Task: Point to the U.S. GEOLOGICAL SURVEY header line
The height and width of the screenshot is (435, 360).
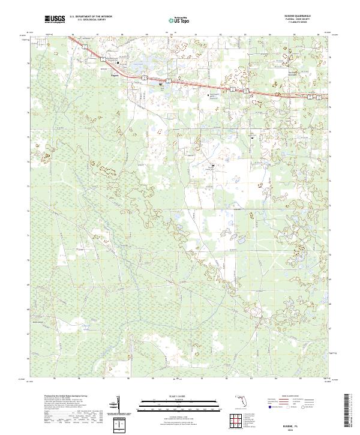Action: click(89, 20)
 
